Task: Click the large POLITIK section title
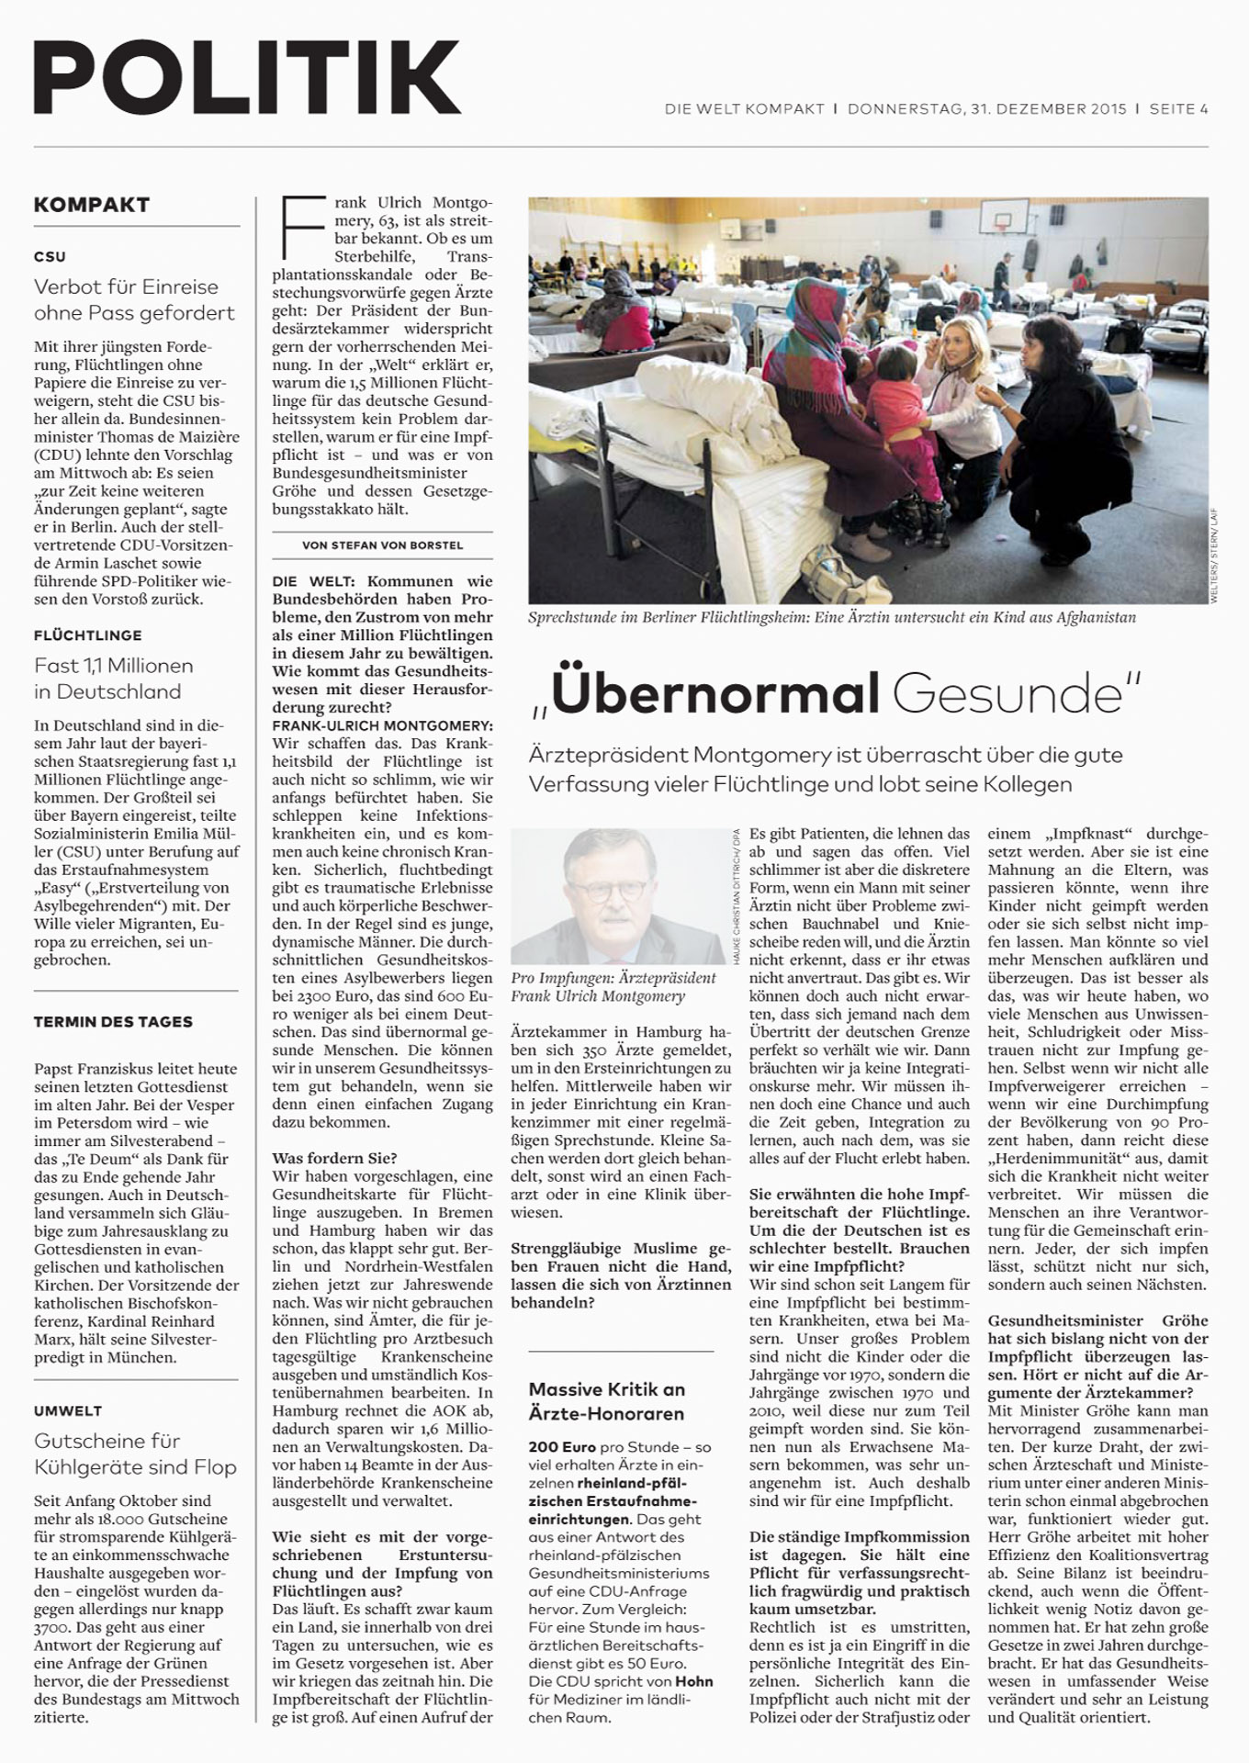[246, 79]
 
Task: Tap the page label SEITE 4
[1178, 109]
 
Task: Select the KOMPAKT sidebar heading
[91, 205]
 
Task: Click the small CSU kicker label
[50, 256]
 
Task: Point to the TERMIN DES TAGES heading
[113, 1021]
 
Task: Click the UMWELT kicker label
[68, 1410]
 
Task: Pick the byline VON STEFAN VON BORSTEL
[382, 545]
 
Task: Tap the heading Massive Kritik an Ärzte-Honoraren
[607, 1401]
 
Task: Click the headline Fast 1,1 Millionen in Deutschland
[114, 678]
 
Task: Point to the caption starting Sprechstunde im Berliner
[831, 617]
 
